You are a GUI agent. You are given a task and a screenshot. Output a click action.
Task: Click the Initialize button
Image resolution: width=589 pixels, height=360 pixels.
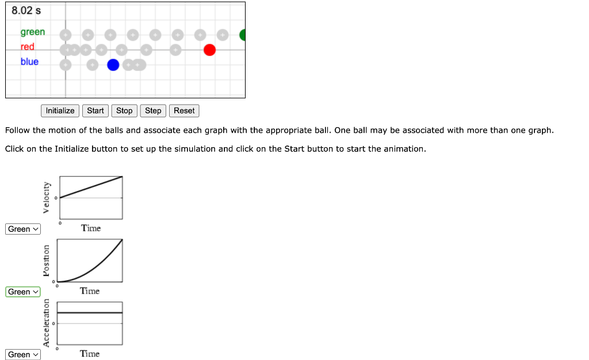[60, 110]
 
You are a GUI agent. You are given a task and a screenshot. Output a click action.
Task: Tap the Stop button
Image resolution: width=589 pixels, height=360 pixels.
[124, 110]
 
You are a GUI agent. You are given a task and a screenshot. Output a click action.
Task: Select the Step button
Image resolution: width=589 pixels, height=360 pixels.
[153, 110]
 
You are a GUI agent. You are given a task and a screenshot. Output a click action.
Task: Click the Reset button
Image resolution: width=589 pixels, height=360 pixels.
[184, 110]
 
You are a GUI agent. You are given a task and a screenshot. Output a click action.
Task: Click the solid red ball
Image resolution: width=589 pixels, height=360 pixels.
[209, 50]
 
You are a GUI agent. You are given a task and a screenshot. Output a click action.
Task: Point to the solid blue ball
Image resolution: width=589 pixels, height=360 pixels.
[113, 65]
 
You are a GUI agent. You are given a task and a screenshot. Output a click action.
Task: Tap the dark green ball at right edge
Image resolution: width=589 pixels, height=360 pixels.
[242, 35]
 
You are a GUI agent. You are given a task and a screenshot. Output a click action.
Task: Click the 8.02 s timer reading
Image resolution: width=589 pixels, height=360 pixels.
[26, 11]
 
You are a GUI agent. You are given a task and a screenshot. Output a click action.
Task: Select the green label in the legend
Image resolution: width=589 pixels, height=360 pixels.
[33, 32]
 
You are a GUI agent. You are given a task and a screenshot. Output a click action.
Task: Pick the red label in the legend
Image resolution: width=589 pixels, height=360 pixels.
[28, 47]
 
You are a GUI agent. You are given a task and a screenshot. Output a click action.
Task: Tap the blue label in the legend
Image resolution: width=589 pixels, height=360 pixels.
[29, 62]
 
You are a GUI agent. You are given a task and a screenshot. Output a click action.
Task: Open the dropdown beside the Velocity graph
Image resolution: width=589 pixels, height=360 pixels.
[24, 229]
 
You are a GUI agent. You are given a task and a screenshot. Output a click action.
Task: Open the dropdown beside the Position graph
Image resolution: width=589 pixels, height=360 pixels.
[24, 292]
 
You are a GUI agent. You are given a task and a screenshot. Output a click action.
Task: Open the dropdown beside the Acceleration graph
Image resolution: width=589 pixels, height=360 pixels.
[24, 354]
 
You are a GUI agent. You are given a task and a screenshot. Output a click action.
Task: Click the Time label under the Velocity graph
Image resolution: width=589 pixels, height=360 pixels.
[91, 228]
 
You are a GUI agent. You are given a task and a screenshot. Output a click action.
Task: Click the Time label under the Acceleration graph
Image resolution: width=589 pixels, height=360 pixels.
[90, 354]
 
